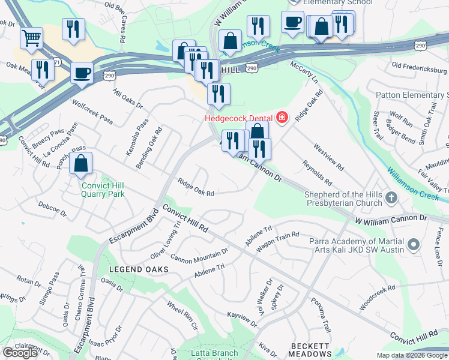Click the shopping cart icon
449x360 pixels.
coord(31,38)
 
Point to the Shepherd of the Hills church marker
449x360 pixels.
coord(391,197)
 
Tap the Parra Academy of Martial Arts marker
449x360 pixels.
coord(413,245)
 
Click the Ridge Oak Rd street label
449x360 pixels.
coord(196,188)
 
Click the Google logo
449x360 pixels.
coord(20,352)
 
